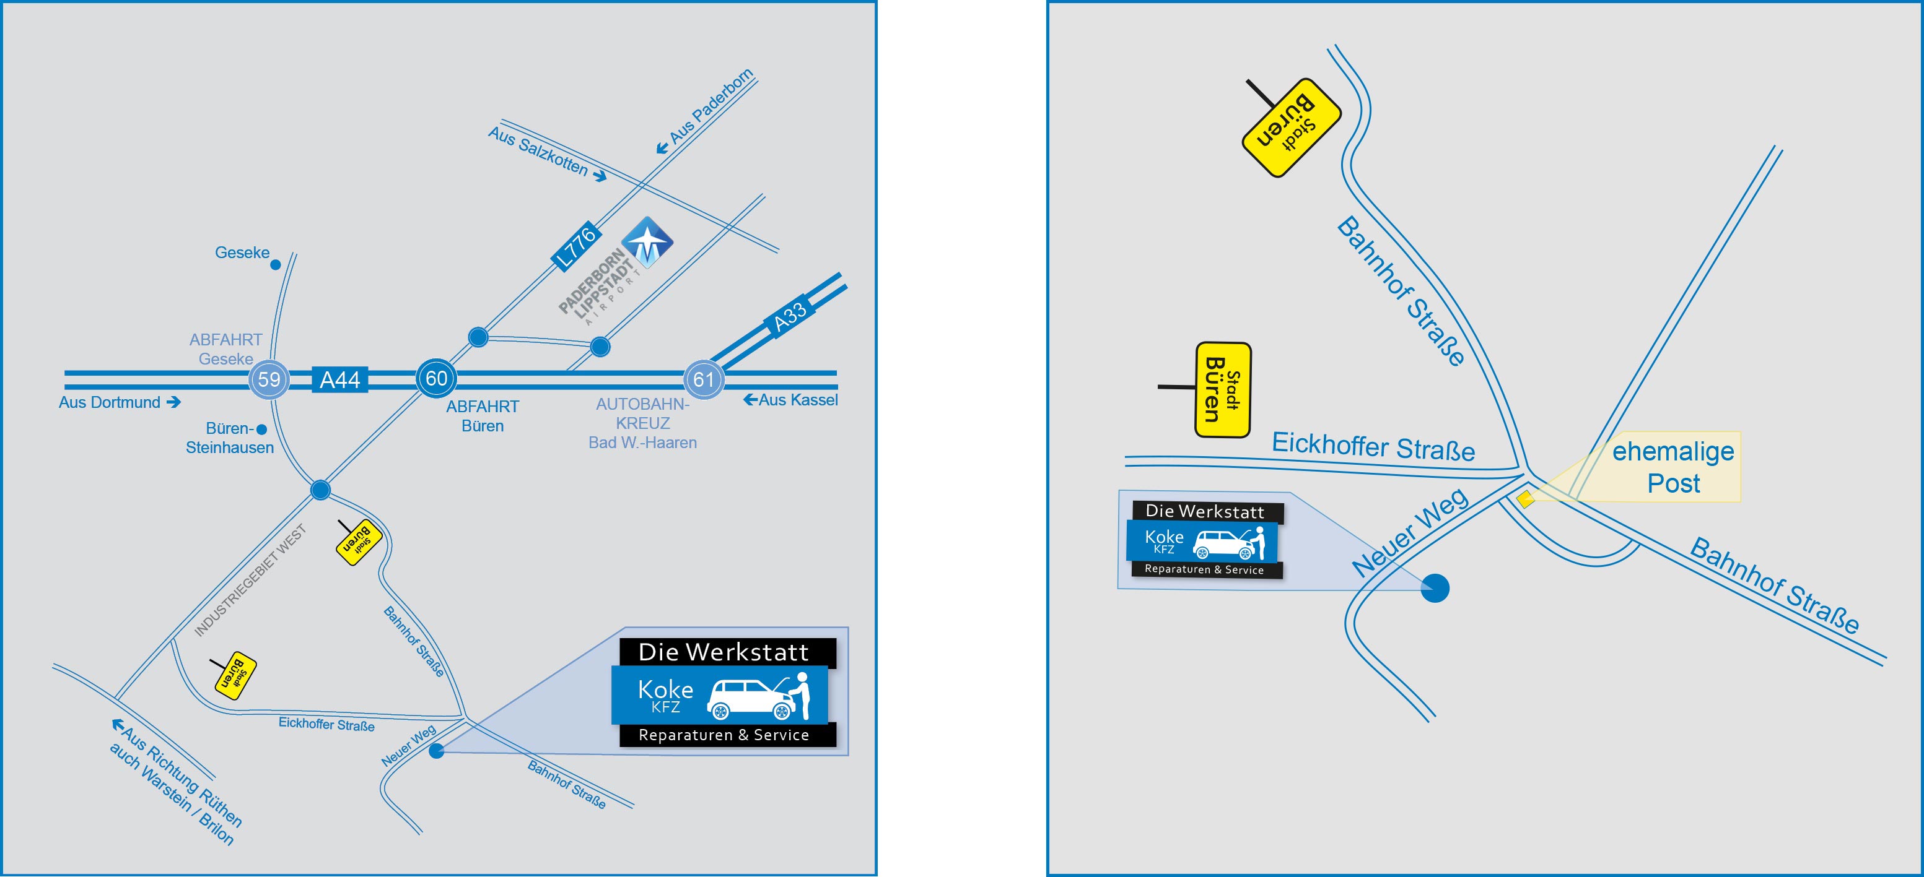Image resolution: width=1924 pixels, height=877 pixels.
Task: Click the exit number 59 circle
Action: click(269, 379)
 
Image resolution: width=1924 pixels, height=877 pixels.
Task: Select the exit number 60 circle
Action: click(436, 378)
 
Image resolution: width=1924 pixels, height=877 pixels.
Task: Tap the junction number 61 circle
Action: click(704, 379)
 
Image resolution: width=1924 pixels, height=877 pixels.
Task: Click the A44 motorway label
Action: click(340, 380)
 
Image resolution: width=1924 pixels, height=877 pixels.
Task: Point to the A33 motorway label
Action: click(789, 316)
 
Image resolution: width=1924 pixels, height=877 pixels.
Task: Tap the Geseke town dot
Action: click(276, 264)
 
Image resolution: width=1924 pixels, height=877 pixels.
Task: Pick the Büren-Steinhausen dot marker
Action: click(261, 429)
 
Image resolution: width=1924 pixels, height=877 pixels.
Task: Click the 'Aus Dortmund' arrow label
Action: click(120, 402)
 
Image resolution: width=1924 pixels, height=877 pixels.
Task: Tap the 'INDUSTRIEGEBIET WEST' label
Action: click(250, 581)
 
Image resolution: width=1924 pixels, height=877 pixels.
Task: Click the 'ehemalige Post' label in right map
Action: click(1673, 467)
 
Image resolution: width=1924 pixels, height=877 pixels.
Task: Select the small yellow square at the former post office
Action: click(1526, 499)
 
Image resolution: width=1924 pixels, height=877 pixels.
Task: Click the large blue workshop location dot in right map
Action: click(1435, 588)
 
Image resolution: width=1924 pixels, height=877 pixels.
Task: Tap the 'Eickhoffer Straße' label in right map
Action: click(1373, 446)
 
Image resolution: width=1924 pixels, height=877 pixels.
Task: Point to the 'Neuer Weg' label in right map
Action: click(1410, 532)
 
